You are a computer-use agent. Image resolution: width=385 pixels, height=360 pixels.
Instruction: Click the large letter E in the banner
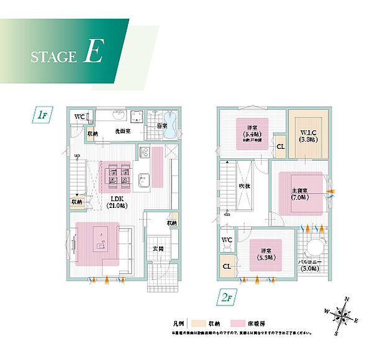(x=92, y=53)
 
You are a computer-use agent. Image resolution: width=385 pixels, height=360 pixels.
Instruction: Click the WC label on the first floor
(x=79, y=117)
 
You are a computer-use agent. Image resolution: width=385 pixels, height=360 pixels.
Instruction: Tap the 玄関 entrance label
(x=158, y=249)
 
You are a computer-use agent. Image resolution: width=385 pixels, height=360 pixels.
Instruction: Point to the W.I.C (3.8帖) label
(x=309, y=135)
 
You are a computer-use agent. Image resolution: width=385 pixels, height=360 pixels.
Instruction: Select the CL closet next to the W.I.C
(x=280, y=147)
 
